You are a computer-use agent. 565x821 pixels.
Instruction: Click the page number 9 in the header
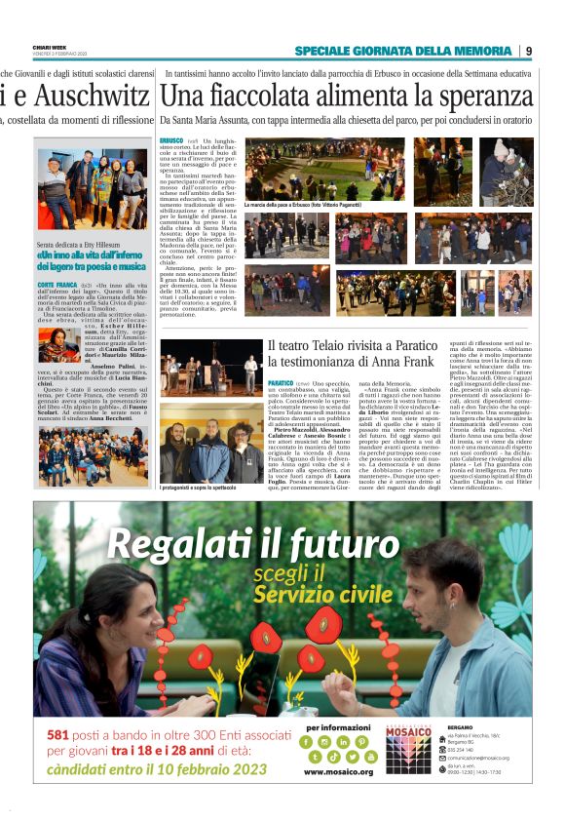pos(529,51)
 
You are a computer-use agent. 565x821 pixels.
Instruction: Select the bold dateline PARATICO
pos(282,383)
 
